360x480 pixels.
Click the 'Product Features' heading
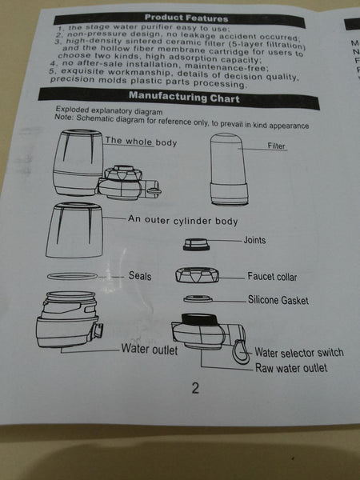pyautogui.click(x=186, y=18)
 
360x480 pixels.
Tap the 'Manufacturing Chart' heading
pyautogui.click(x=184, y=97)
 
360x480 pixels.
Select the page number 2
pyautogui.click(x=195, y=388)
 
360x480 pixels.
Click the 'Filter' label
pyautogui.click(x=276, y=146)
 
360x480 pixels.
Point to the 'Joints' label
pyautogui.click(x=254, y=240)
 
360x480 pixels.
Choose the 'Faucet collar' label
pyautogui.click(x=272, y=277)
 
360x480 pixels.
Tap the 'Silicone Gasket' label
pyautogui.click(x=278, y=300)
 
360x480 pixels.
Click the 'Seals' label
pyautogui.click(x=140, y=275)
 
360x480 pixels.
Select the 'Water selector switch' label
pyautogui.click(x=298, y=352)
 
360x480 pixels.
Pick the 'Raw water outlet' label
pyautogui.click(x=291, y=368)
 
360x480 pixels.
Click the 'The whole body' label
pyautogui.click(x=141, y=142)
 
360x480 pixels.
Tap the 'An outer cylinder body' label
pyautogui.click(x=182, y=220)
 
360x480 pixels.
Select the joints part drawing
pyautogui.click(x=196, y=245)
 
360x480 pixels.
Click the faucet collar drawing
pyautogui.click(x=197, y=274)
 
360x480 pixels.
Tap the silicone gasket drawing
pyautogui.click(x=198, y=298)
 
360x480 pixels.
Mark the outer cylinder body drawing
pyautogui.click(x=74, y=230)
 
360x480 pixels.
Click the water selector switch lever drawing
pyautogui.click(x=240, y=351)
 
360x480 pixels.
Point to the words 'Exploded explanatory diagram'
pyautogui.click(x=109, y=110)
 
